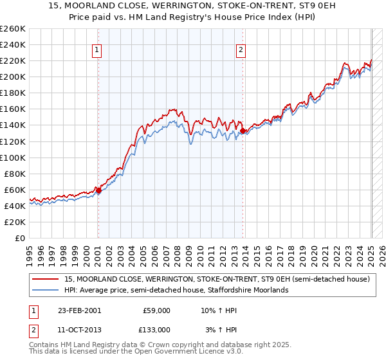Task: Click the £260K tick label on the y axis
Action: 13,28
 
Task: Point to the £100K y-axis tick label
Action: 13,157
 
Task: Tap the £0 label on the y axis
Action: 19,238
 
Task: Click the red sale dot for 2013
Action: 243,130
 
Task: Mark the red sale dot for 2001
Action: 98,190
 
